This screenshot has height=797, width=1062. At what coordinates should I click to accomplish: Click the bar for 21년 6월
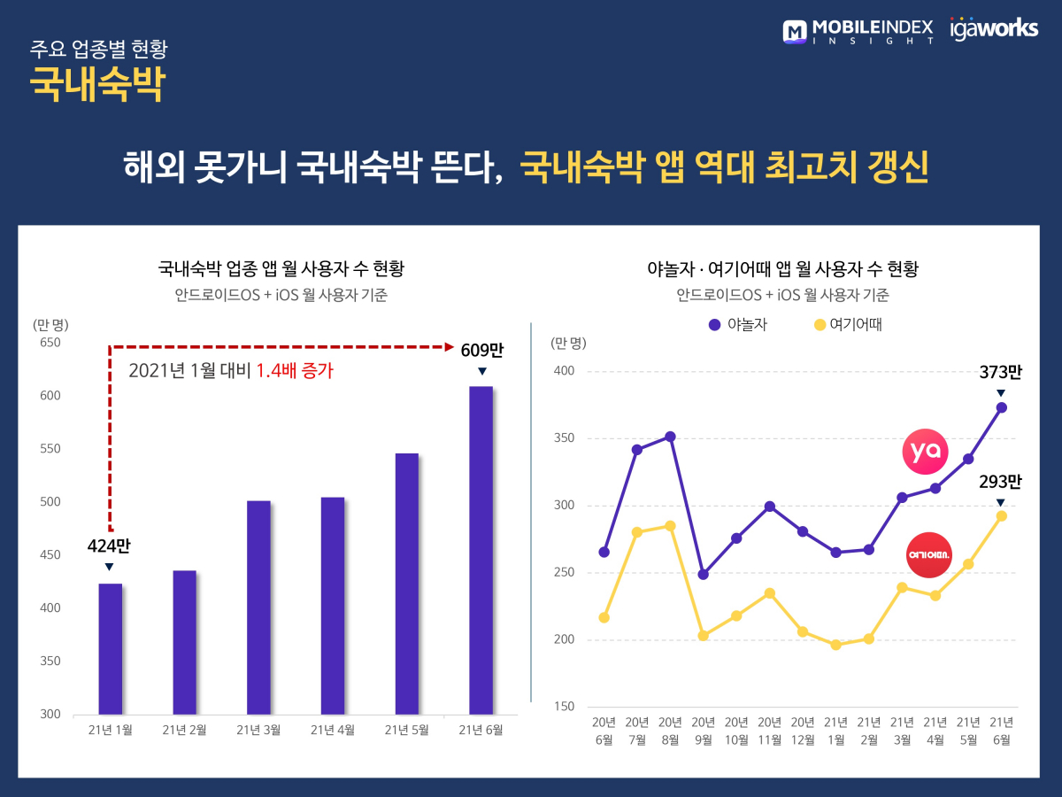pos(481,550)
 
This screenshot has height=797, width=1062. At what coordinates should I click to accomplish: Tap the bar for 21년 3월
pos(258,607)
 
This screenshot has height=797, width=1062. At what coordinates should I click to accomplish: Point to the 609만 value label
pos(481,350)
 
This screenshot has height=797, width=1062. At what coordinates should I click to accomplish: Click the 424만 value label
pos(109,546)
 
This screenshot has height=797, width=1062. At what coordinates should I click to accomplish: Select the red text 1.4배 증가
pos(295,371)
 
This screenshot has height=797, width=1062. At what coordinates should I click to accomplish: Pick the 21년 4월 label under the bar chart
pos(332,730)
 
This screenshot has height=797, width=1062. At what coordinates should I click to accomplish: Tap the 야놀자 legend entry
pos(738,325)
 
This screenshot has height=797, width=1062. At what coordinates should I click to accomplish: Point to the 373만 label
pos(1000,373)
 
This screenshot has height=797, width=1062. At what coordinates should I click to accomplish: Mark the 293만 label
pos(1000,483)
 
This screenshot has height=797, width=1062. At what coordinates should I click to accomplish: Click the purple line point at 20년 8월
pos(670,437)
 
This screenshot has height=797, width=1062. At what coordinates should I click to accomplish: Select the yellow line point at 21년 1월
pos(835,645)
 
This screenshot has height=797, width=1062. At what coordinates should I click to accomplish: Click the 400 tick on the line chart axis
pos(564,371)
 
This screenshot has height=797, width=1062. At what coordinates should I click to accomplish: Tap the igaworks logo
pos(993,28)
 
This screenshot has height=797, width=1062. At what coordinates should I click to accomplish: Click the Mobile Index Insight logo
pos(858,31)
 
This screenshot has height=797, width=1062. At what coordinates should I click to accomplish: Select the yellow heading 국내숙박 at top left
pos(97,84)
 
